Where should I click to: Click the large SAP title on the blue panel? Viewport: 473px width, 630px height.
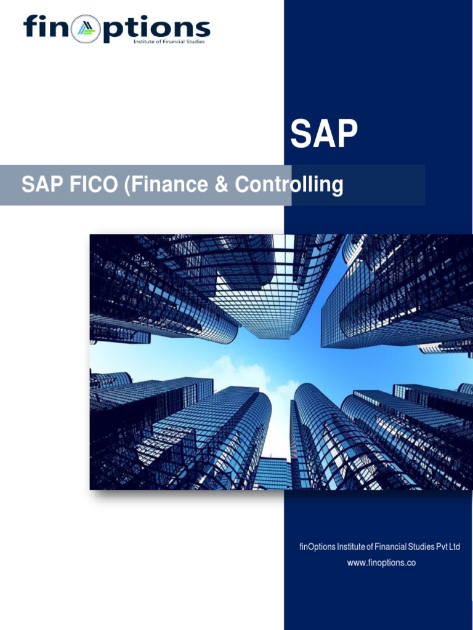[324, 135]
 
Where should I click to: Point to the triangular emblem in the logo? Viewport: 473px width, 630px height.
[86, 30]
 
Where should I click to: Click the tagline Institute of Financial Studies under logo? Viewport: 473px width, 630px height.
[169, 42]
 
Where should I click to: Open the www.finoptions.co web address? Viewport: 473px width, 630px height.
[381, 562]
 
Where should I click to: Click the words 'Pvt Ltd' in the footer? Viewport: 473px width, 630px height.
[448, 547]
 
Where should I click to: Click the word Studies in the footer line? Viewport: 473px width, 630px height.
[421, 547]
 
